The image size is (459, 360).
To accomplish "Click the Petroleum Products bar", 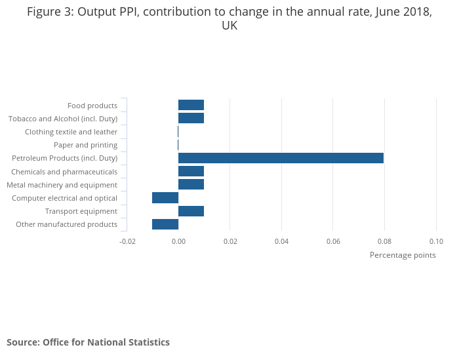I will coord(281,158).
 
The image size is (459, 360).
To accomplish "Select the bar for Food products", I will coord(191,105).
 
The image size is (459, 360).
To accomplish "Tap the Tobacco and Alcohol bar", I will coord(191,118).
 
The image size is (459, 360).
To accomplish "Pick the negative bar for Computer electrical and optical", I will coord(165,197).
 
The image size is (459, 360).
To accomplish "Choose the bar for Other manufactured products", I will coord(165,224).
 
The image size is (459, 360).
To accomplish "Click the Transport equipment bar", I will coord(191,211).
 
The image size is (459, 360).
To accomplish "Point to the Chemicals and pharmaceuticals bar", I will coord(191,171).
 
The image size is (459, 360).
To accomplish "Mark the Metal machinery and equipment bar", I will coord(191,184).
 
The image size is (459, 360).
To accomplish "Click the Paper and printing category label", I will coord(85,145).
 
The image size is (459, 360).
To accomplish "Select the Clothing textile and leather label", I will coord(71,132).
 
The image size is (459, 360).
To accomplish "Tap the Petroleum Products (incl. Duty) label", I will coord(64,158).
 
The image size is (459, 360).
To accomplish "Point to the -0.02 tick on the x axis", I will coord(127,241).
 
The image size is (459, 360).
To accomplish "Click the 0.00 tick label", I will coord(178,241).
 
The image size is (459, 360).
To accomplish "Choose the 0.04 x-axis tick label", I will coord(281,241).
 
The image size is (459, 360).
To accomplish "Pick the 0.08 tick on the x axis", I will coord(384,241).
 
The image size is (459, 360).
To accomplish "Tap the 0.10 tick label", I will coord(436,241).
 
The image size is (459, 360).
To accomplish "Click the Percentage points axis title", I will coord(403,255).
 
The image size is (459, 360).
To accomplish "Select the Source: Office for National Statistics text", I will coord(88,342).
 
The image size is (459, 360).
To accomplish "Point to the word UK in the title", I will coord(229,26).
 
